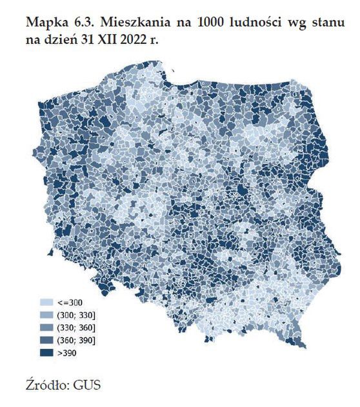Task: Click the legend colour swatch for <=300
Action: pyautogui.click(x=46, y=302)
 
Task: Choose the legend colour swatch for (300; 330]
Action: pyautogui.click(x=46, y=314)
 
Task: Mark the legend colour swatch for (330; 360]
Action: pyautogui.click(x=46, y=327)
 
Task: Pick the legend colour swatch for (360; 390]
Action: pyautogui.click(x=46, y=340)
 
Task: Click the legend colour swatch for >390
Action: pyautogui.click(x=46, y=353)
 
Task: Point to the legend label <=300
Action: pyautogui.click(x=70, y=302)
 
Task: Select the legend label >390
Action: pyautogui.click(x=67, y=353)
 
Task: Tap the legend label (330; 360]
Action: pyautogui.click(x=75, y=327)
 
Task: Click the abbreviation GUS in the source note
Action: pyautogui.click(x=88, y=386)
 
